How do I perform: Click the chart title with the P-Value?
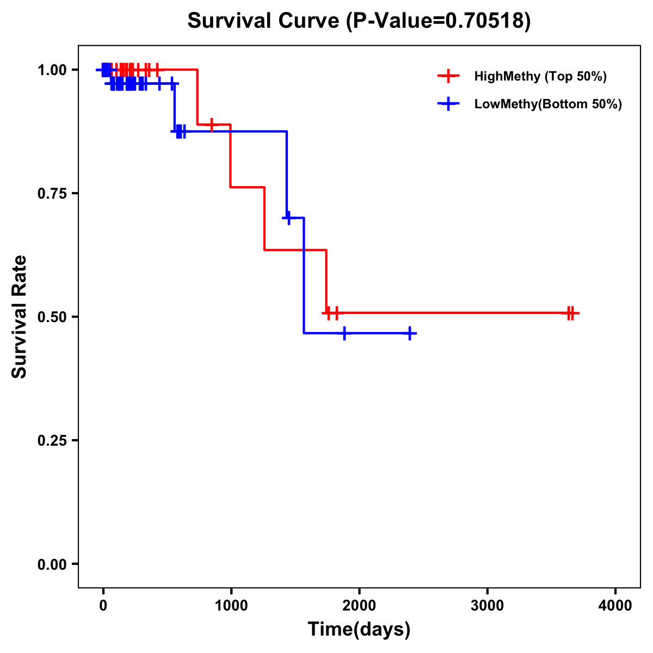tap(359, 21)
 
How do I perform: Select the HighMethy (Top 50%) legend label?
tap(540, 76)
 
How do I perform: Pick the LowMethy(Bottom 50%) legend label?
tap(548, 104)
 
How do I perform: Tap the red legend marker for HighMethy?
tap(448, 76)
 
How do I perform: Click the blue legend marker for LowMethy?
tap(448, 104)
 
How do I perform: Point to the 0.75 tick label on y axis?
tap(51, 194)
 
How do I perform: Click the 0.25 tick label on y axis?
tap(51, 441)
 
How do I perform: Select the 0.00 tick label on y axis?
tap(51, 564)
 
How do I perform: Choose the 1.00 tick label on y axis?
tap(51, 70)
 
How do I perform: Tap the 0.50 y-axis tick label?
tap(51, 317)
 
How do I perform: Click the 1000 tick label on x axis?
tap(231, 606)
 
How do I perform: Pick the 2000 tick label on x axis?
tap(359, 606)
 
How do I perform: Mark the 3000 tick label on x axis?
tap(487, 606)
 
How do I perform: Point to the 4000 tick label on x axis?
tap(615, 606)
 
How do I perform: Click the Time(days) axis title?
tap(359, 629)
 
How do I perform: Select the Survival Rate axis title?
tap(20, 317)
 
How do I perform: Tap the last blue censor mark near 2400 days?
tap(410, 333)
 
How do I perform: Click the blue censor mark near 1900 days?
tap(344, 333)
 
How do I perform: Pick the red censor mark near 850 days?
tap(212, 125)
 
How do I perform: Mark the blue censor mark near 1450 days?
tap(288, 218)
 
